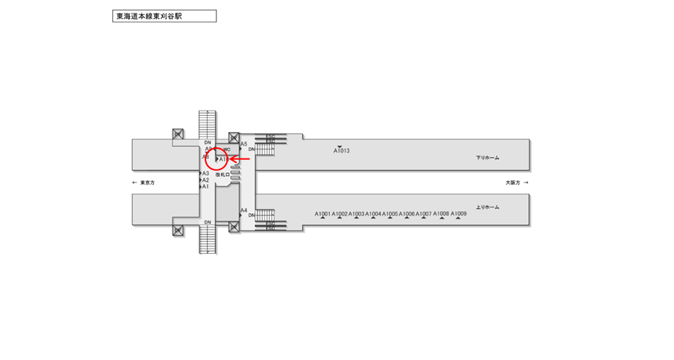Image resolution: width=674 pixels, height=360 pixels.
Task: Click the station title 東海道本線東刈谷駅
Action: (164, 16)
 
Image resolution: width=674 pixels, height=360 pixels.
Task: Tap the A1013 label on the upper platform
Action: (341, 151)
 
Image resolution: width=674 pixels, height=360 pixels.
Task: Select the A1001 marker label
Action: (323, 214)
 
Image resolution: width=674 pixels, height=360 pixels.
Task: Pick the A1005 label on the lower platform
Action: (390, 214)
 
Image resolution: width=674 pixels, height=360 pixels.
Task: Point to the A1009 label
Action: (458, 213)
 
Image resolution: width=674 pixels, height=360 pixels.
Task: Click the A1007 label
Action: (424, 214)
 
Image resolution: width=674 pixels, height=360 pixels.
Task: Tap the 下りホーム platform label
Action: (487, 158)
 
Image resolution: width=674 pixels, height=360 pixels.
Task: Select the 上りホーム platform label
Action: (487, 207)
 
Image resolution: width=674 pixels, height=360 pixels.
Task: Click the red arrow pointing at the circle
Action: (240, 158)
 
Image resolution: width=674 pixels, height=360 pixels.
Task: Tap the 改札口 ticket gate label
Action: (222, 175)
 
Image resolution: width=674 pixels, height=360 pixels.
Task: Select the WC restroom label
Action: (227, 150)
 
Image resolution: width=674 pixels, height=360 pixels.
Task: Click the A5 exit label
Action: (244, 144)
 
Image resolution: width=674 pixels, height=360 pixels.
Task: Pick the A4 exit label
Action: (244, 210)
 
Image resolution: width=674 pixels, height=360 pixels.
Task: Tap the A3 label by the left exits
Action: (206, 173)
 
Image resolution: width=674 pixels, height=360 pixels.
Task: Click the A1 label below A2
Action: (206, 187)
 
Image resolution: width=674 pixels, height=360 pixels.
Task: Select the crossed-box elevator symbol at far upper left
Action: (177, 134)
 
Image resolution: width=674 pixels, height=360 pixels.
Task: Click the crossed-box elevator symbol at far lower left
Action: (177, 230)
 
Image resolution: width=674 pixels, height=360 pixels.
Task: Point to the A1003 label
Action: (356, 214)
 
